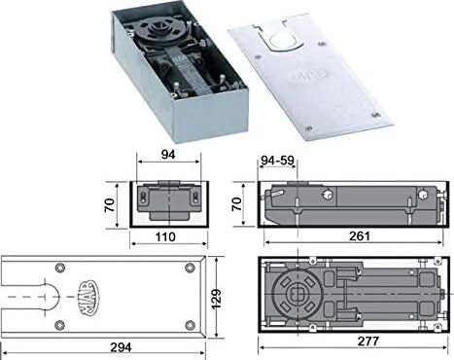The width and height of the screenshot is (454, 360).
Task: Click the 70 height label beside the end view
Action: click(109, 204)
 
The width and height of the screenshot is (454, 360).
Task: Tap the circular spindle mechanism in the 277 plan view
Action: click(301, 294)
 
